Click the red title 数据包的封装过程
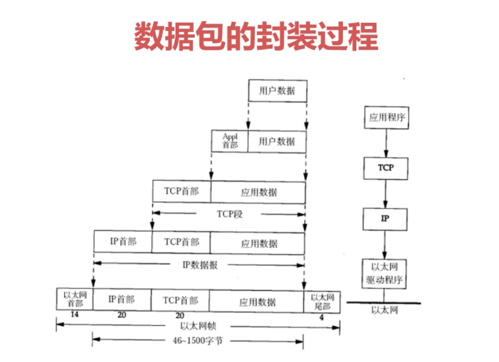pos(256,36)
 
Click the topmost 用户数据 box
pos(278,91)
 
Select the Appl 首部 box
pos(230,141)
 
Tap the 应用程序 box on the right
pos(386,117)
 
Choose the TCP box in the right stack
pos(386,168)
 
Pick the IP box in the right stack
pos(385,219)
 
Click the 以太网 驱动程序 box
pos(385,274)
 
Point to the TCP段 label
pos(229,214)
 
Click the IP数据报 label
pos(200,265)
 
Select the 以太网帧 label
pos(198,326)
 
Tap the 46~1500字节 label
pos(198,341)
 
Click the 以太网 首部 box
pos(75,299)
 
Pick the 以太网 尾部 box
pos(322,302)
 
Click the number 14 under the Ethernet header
pos(74,314)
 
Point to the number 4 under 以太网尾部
pos(321,317)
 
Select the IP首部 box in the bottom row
pos(122,300)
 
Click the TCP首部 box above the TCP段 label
pos(181,191)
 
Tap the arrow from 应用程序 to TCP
pos(386,143)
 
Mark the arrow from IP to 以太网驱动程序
pos(385,245)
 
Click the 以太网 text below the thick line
pos(385,310)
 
